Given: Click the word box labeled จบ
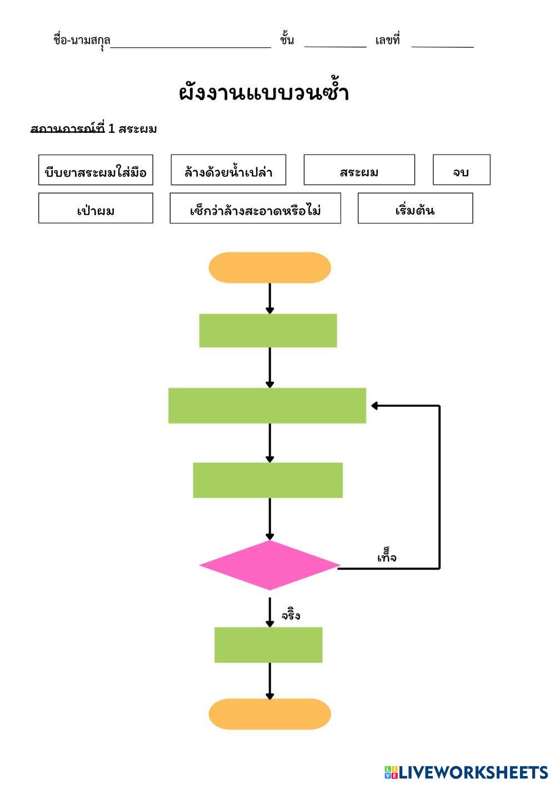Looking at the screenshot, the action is point(461,170).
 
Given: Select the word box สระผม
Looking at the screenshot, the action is point(359,170).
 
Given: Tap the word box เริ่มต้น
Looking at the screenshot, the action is point(415,208).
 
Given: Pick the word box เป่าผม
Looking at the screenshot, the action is point(96,208).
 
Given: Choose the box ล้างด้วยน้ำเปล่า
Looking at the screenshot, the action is point(228,170).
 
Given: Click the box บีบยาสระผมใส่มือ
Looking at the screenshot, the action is point(96,170).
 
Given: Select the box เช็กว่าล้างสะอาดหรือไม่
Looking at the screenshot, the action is point(255,208).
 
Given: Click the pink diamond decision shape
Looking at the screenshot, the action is point(269,565).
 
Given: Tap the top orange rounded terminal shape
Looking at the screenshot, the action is point(269,267).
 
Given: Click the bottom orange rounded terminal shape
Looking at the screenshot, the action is point(269,714).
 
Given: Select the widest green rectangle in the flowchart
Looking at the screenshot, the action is point(267,406).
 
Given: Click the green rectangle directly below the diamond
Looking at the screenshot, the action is point(268,645).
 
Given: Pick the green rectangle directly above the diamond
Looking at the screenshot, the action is point(268,480).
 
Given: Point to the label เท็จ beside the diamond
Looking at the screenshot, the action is point(387,557).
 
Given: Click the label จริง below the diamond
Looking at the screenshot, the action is point(291,615).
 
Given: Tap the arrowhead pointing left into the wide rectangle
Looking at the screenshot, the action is point(375,406).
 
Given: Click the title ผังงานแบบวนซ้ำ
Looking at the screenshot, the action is point(264,93).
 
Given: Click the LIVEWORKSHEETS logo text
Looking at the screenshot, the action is point(473,772).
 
